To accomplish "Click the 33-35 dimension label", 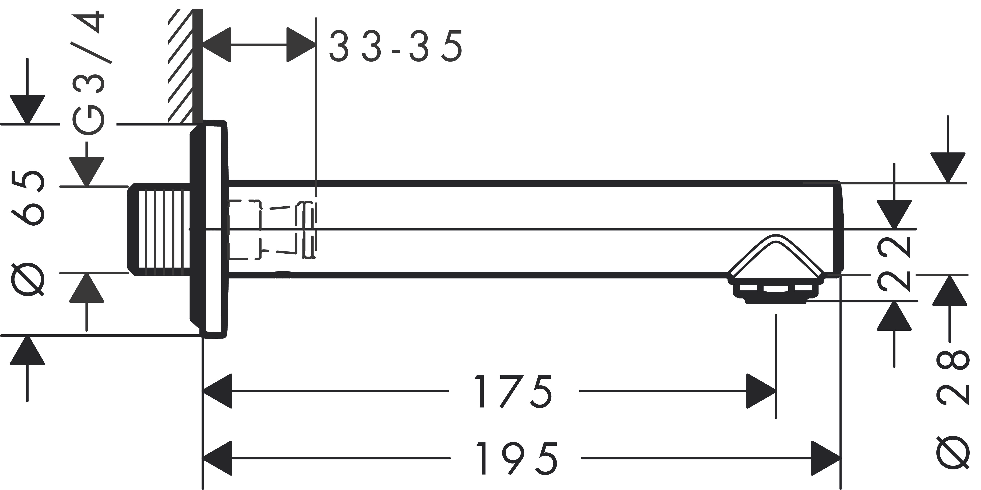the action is coord(396,46).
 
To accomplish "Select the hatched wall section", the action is coord(181,67).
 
